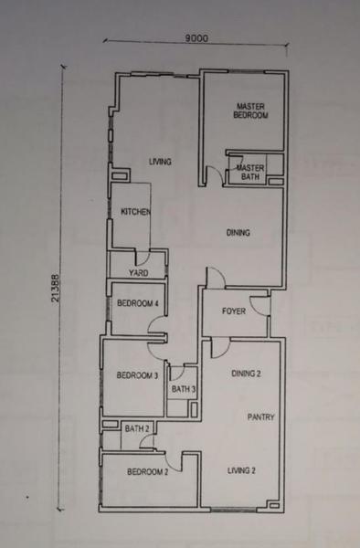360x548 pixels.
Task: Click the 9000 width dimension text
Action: point(196,37)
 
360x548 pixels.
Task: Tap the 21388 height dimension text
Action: point(56,288)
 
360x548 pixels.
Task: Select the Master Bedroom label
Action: point(250,111)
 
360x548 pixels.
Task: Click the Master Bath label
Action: point(250,173)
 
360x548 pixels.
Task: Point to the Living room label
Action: point(160,162)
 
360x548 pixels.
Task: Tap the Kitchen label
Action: point(135,212)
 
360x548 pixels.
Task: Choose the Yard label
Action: point(138,272)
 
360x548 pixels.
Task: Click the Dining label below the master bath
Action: point(238,232)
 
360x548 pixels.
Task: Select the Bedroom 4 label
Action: point(138,303)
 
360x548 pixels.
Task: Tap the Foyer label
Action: point(234,311)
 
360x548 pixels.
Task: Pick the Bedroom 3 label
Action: point(137,375)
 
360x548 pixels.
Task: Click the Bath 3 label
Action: point(183,389)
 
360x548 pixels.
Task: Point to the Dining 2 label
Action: point(246,374)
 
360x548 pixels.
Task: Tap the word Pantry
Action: point(260,416)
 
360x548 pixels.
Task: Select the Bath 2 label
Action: point(137,428)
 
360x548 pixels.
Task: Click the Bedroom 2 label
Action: point(147,472)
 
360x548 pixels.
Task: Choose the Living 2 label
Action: point(241,470)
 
